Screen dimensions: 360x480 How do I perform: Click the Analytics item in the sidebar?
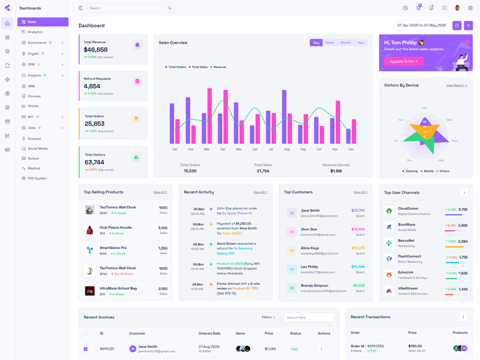tap(35, 32)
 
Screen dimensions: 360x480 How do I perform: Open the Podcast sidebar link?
tap(34, 139)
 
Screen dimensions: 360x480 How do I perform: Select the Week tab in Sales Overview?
tap(329, 43)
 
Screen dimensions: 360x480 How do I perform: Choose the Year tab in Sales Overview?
tap(360, 43)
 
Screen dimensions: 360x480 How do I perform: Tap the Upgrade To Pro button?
tap(404, 61)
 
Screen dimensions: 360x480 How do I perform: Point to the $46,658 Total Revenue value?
tap(95, 50)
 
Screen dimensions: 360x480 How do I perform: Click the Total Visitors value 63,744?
tap(94, 162)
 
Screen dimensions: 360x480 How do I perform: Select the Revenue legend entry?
tap(219, 67)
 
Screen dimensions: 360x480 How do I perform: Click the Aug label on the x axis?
tap(287, 149)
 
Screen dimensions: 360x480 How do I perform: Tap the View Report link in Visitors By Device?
tap(457, 85)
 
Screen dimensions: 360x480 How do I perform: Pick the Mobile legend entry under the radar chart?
tap(428, 171)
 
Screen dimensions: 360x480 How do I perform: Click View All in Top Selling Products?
tap(160, 192)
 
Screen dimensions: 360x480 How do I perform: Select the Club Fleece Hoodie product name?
tap(116, 227)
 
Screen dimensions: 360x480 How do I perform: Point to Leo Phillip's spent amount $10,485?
tap(358, 266)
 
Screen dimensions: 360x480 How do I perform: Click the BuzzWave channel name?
tap(406, 224)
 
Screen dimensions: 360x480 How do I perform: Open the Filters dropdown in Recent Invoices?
tap(268, 317)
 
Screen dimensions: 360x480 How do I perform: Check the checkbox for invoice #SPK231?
tap(86, 349)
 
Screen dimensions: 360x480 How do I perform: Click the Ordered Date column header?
tap(209, 333)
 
